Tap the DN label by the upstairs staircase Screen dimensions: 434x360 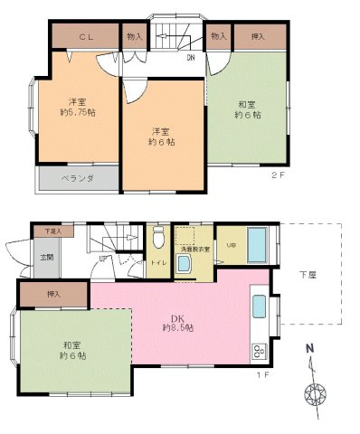(x=192, y=59)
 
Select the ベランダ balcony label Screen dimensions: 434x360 (x=78, y=178)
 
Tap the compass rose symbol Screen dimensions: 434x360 (x=317, y=395)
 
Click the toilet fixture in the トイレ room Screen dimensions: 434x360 (x=158, y=239)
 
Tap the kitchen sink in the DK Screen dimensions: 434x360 (x=257, y=308)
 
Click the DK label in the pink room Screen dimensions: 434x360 (x=177, y=317)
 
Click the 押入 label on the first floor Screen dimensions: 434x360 (x=52, y=295)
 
